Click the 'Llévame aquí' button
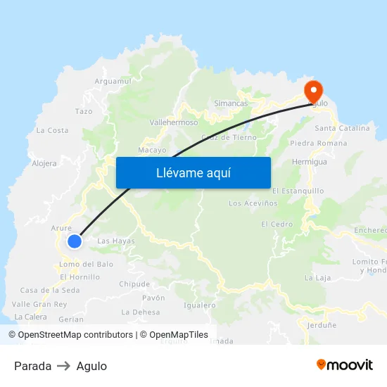point(193,172)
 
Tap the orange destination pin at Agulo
point(312,90)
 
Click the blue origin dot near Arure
point(75,241)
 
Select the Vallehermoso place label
point(174,122)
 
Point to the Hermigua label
point(310,162)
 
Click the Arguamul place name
point(113,82)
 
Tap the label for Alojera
point(44,163)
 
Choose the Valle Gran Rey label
point(39,304)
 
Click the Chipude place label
point(134,284)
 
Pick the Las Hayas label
point(116,241)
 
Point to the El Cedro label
point(277,224)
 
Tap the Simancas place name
point(231,103)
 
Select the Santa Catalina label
point(342,128)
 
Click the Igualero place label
point(199,305)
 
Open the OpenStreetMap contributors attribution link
point(75,335)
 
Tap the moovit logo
point(345,365)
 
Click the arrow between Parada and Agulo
point(64,366)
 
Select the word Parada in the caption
point(32,366)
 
